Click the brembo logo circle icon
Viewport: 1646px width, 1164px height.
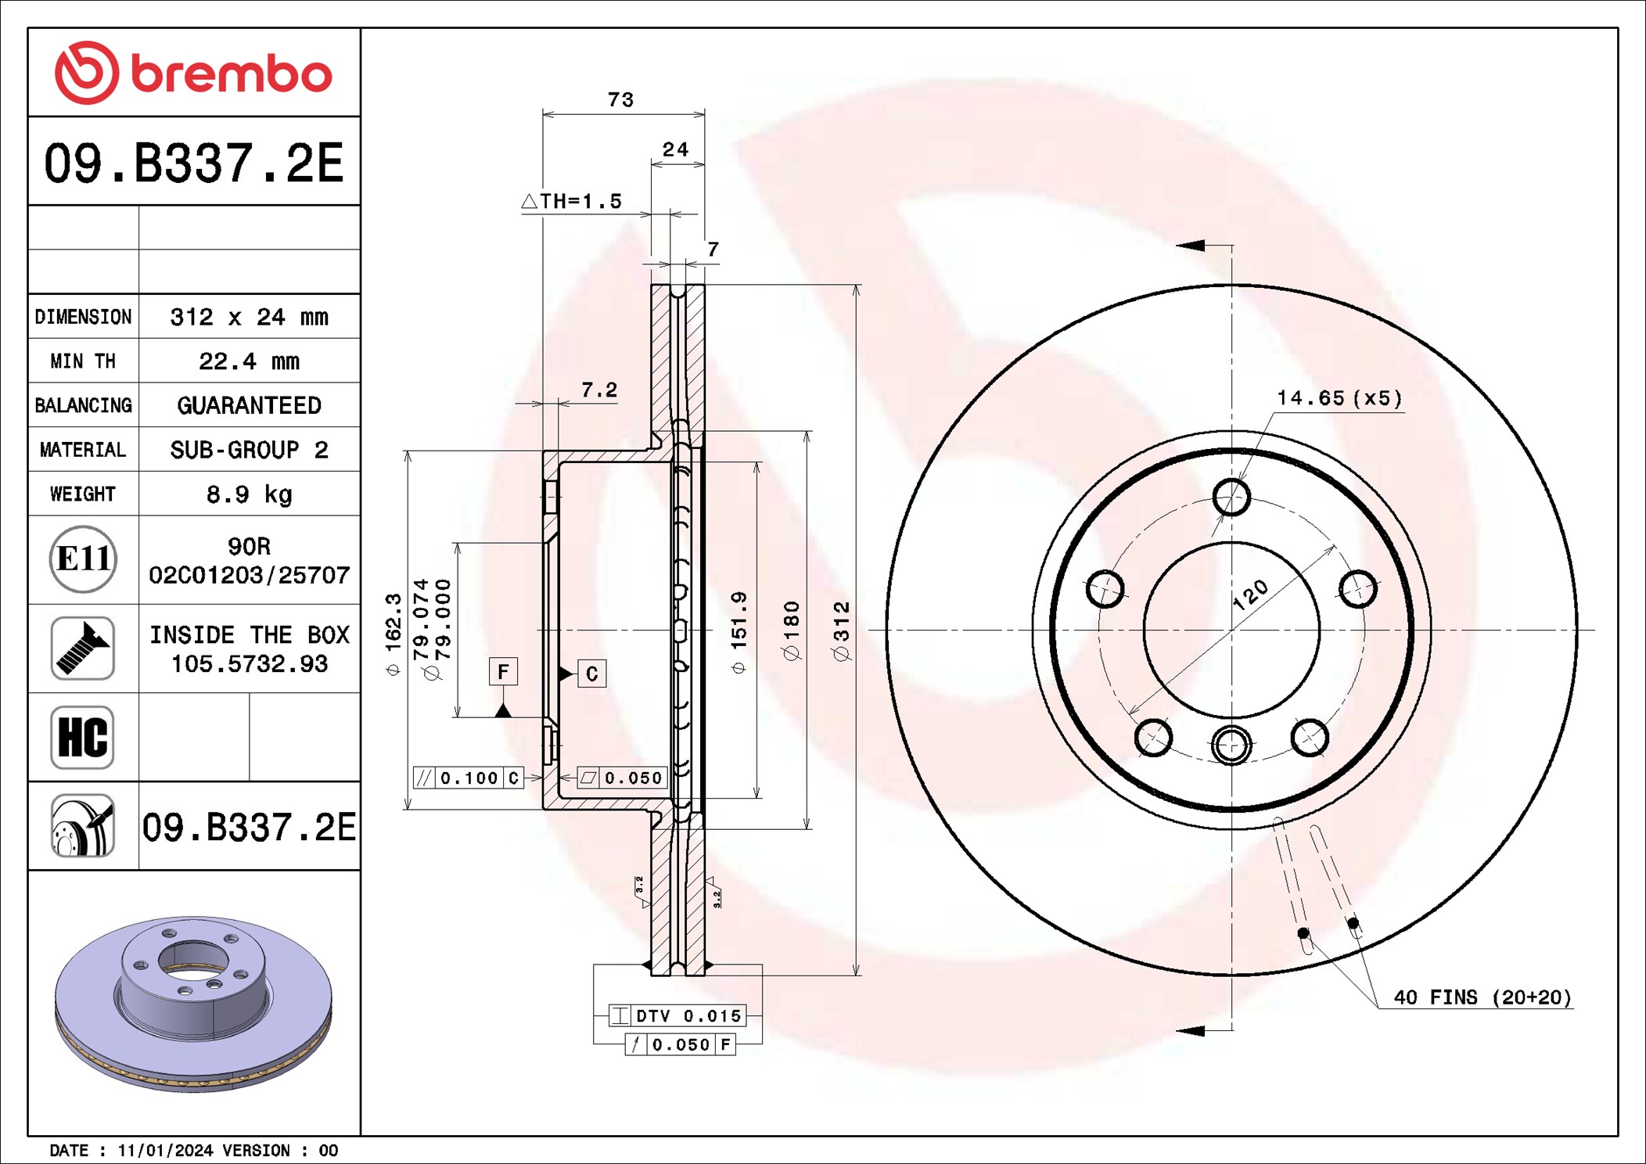[x=87, y=73]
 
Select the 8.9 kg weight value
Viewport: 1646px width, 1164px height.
[x=249, y=494]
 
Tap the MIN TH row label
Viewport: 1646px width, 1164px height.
[x=83, y=361]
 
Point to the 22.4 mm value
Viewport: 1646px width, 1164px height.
[x=249, y=361]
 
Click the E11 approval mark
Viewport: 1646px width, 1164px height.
[x=83, y=559]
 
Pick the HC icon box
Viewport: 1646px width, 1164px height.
[x=83, y=737]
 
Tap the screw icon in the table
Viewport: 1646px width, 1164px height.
[x=83, y=648]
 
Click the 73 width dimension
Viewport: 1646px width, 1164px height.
[x=620, y=100]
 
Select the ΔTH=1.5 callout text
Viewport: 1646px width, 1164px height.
[x=572, y=201]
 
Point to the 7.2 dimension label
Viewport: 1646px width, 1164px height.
[x=599, y=390]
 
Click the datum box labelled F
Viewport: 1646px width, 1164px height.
[x=503, y=671]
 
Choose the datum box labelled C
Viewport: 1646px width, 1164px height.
[x=592, y=674]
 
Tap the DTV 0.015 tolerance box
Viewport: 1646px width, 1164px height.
[x=677, y=1015]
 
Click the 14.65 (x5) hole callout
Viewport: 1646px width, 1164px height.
[x=1339, y=398]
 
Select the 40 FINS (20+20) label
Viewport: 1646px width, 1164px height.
[x=1482, y=997]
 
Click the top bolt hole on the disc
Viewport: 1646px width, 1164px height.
[x=1231, y=497]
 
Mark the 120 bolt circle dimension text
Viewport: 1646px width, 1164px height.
[x=1250, y=595]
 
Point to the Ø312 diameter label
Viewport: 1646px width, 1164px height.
[x=841, y=630]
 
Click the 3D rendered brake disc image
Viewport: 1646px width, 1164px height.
[x=193, y=1004]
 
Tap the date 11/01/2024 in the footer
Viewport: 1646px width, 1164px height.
[x=165, y=1150]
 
